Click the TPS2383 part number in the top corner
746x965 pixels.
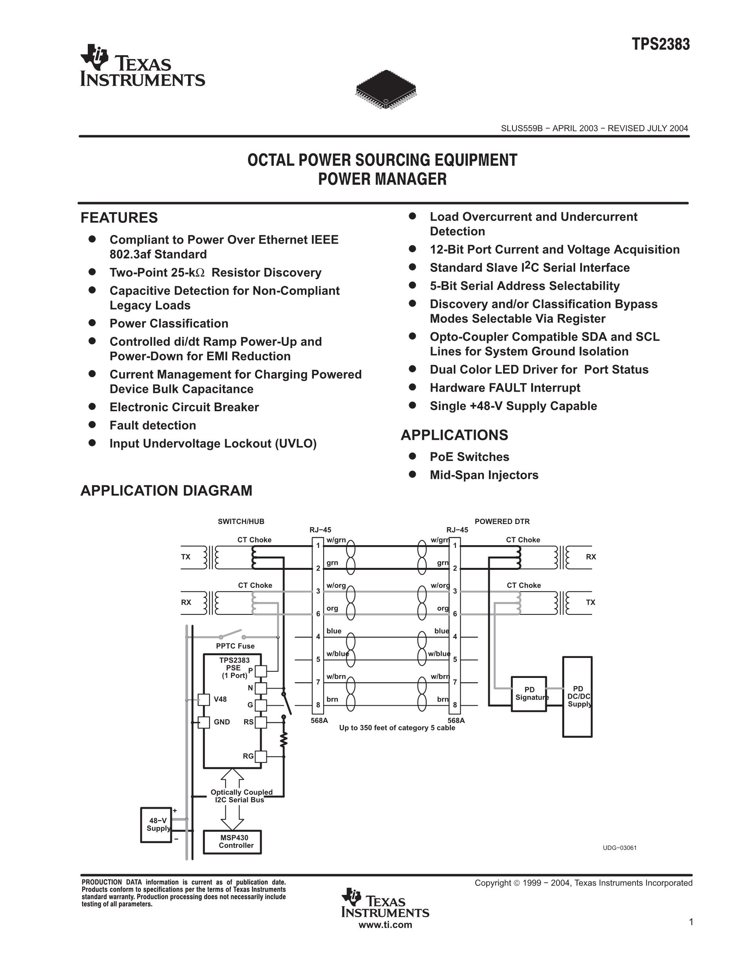660,45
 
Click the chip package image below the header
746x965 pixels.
386,89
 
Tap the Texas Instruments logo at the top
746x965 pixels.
142,65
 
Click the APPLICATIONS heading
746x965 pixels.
454,435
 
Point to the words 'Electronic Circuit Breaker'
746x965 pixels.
184,407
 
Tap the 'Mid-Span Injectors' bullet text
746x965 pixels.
484,475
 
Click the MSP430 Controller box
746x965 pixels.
232,842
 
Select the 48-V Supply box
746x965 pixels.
156,824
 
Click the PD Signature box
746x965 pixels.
529,694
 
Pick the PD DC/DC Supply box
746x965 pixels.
577,697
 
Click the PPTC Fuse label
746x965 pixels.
235,646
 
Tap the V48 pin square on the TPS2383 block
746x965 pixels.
203,699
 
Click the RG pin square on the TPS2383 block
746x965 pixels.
261,756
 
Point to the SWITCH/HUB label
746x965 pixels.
241,521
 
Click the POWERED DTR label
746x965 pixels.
502,521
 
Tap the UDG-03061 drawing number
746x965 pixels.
619,848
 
